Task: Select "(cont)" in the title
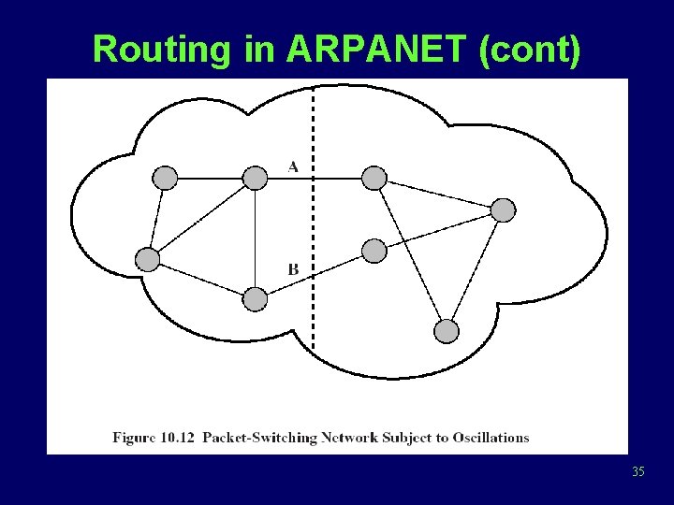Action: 529,50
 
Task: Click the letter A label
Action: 293,166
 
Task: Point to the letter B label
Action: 293,269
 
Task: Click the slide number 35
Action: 638,471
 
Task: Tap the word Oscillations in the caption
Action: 489,437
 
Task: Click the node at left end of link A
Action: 255,177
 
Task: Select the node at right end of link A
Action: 374,177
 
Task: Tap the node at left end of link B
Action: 255,299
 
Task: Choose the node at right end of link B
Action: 374,251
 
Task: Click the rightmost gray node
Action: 504,209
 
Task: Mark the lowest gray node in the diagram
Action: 447,331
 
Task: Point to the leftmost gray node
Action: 147,260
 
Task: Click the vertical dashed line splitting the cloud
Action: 313,224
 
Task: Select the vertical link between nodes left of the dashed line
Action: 255,238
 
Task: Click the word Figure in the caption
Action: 134,437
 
